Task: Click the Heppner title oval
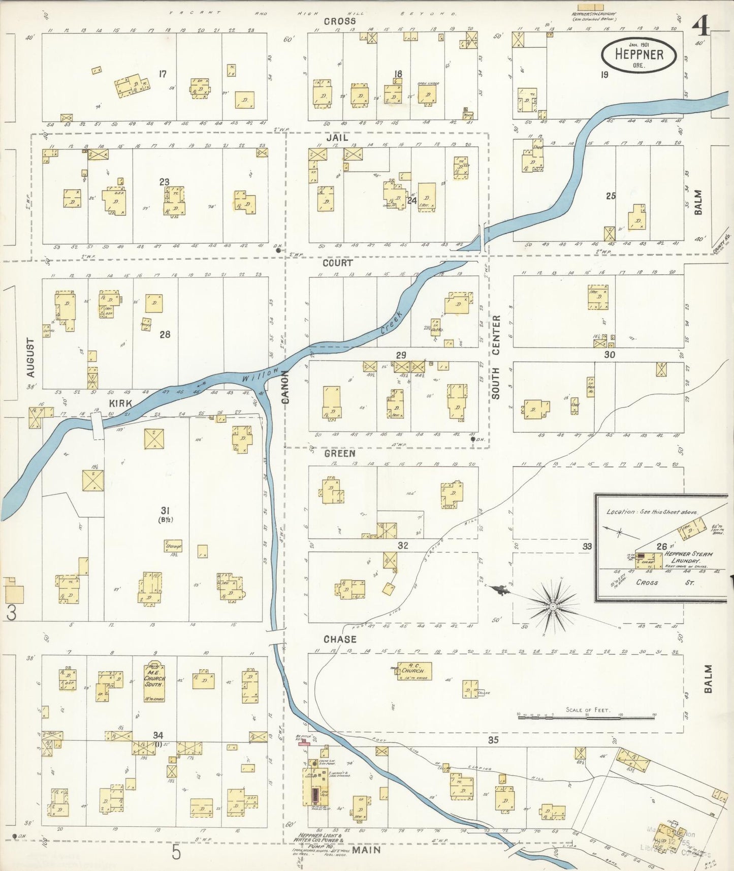coord(639,55)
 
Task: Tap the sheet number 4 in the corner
coord(701,25)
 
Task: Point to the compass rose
coord(552,607)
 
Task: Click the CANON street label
coord(285,387)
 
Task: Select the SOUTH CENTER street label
coord(496,356)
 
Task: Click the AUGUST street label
coord(31,358)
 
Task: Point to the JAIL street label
coord(337,138)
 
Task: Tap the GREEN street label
coord(339,453)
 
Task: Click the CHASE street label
coord(339,639)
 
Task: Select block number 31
coord(165,511)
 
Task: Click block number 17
coord(162,74)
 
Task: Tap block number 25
coord(611,196)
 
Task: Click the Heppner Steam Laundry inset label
coord(688,557)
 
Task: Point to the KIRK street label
coord(120,403)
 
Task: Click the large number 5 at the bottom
coord(176,852)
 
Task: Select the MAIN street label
coord(367,849)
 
